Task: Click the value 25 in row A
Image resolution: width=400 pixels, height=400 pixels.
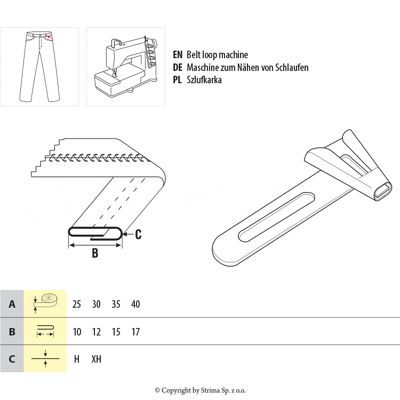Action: click(76, 304)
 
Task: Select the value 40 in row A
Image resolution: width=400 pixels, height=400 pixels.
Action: click(135, 304)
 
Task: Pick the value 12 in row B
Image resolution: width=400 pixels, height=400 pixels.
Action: click(96, 332)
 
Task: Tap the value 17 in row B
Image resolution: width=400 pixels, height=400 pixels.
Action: click(135, 332)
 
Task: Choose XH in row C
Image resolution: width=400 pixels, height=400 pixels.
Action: click(97, 359)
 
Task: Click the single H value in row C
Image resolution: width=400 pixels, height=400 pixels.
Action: click(76, 359)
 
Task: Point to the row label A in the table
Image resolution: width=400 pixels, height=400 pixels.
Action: click(12, 304)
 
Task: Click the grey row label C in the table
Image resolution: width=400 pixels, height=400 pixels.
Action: click(12, 359)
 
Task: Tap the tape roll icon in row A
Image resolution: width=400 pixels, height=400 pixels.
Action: click(45, 303)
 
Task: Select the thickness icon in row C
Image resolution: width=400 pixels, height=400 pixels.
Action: click(45, 359)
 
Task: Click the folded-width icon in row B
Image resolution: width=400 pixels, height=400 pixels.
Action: click(45, 331)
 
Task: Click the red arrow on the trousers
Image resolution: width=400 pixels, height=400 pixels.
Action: click(50, 37)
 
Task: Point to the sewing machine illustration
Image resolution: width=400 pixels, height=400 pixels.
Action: click(126, 67)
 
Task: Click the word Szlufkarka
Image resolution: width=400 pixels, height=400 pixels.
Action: click(204, 80)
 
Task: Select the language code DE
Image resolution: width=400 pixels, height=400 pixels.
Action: click(178, 67)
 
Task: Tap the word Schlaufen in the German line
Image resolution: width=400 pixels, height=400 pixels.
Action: click(292, 67)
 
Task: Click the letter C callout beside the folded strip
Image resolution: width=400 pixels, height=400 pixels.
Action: click(138, 235)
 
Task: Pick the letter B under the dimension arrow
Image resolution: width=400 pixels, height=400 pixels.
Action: click(95, 253)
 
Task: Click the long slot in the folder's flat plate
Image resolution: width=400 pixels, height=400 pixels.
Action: click(276, 217)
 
